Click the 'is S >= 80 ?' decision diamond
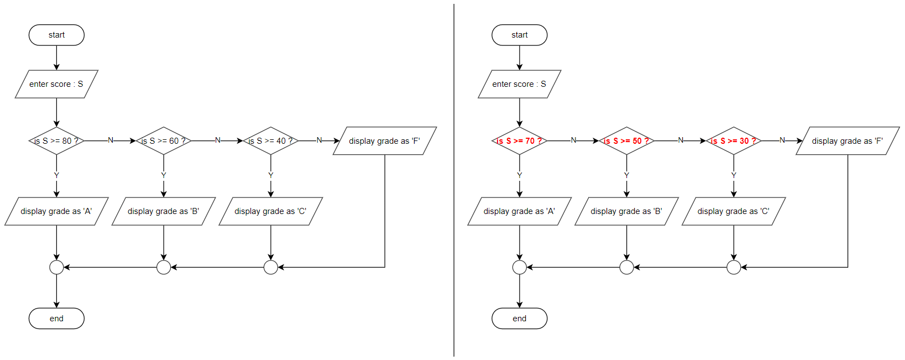[56, 141]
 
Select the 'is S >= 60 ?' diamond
[164, 141]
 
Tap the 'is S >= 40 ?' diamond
[271, 141]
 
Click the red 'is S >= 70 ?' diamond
[519, 141]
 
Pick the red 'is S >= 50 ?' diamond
[626, 141]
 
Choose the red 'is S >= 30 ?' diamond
[734, 141]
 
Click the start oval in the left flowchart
[56, 35]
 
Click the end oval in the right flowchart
[519, 319]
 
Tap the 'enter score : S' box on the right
[519, 84]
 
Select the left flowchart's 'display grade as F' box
[385, 141]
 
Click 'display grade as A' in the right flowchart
[519, 211]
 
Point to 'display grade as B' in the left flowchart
[164, 211]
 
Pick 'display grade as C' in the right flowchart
[734, 211]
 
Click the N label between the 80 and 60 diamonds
[111, 140]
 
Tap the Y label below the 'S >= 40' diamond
[271, 175]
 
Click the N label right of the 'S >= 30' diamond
[782, 140]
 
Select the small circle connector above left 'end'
[56, 268]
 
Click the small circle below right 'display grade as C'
[734, 268]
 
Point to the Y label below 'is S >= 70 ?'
[519, 175]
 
